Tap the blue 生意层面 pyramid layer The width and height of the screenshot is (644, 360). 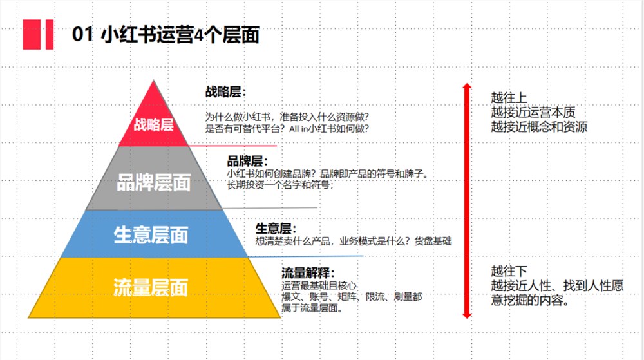coord(154,234)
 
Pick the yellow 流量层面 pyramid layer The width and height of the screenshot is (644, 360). coord(154,288)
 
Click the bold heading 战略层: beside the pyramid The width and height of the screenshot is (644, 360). coord(225,91)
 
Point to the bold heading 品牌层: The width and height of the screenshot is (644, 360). coord(247,160)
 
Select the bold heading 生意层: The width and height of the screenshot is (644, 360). coord(276,228)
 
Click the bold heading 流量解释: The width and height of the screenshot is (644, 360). coord(308,272)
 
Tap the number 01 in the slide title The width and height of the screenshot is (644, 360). coord(82,34)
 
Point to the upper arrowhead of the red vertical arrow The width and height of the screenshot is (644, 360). coord(466,86)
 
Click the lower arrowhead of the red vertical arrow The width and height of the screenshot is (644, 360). coord(466,316)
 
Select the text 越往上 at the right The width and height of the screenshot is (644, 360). coord(509,98)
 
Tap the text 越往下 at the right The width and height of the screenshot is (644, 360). coord(509,271)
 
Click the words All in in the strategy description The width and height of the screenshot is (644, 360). coord(299,129)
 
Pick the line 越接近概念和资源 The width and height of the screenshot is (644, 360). coord(539,126)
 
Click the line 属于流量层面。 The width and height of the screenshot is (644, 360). coord(312,308)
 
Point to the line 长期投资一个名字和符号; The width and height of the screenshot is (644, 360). coord(281,185)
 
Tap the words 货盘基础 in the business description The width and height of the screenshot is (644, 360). coord(433,241)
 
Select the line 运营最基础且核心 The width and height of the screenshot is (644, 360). coord(319,285)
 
